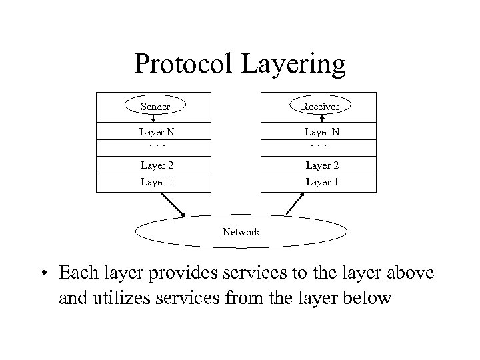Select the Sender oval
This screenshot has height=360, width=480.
tap(155, 106)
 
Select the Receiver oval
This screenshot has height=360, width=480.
tap(320, 106)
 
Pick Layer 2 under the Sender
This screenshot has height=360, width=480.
tap(155, 165)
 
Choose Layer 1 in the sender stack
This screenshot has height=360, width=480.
tap(155, 182)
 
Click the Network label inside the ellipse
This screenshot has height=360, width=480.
tap(241, 232)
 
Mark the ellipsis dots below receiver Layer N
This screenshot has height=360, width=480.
tap(320, 144)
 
